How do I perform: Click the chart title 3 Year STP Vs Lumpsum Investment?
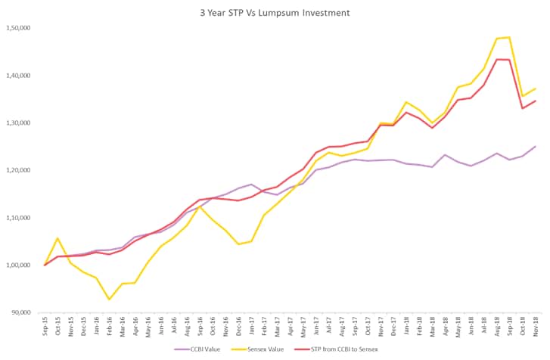pos(275,12)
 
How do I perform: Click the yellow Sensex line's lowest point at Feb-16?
pos(110,299)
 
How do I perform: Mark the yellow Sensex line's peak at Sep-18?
pos(508,37)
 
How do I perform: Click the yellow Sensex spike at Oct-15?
pos(58,238)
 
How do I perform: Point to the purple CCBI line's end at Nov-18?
pos(535,147)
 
